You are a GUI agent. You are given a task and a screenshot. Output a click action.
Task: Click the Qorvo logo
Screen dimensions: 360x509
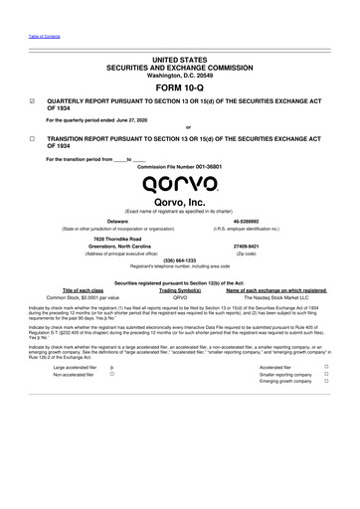point(180,183)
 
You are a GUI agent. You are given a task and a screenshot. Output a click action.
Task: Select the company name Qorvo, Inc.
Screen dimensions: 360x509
point(179,203)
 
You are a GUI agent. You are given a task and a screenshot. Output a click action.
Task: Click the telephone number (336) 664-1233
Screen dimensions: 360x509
point(179,261)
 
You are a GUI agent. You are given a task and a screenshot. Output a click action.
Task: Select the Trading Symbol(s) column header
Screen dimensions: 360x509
point(180,289)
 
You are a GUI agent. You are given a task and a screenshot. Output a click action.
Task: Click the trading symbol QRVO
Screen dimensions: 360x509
point(180,297)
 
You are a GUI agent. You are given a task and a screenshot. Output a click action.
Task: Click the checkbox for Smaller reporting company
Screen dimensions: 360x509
point(340,374)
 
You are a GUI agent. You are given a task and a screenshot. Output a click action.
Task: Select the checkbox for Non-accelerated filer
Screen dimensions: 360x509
point(111,374)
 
